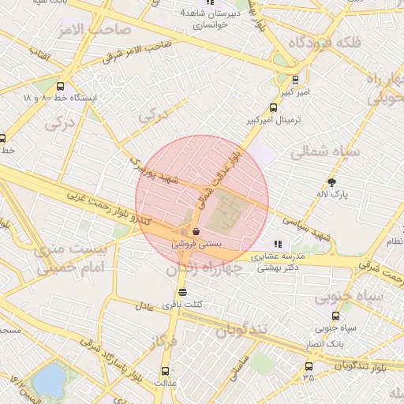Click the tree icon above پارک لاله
332,181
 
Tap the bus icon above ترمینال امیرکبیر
274,108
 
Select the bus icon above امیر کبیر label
295,79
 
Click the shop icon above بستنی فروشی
195,232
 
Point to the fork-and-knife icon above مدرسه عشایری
278,245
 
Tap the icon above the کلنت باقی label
183,292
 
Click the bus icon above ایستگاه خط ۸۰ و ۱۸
60,87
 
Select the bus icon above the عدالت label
165,370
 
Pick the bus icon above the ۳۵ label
309,366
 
